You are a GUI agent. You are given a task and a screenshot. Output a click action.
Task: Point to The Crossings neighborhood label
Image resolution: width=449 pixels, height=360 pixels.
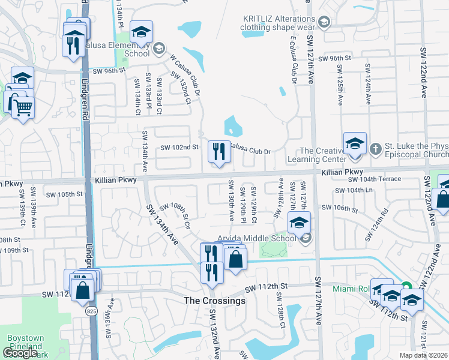tap(214, 301)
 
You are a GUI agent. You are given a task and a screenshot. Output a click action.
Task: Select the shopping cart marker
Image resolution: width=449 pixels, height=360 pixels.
tap(23, 107)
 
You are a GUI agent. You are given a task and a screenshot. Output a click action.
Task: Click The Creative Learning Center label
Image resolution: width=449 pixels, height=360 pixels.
tap(322, 156)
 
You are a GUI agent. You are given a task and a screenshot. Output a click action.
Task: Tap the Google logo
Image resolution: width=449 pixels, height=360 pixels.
tap(20, 353)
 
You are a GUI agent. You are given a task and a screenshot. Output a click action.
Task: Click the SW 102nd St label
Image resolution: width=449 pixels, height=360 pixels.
tap(179, 147)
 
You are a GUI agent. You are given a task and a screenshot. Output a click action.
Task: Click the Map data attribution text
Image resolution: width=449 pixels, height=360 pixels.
tap(424, 355)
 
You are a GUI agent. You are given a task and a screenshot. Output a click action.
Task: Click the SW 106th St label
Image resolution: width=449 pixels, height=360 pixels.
tap(339, 208)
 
